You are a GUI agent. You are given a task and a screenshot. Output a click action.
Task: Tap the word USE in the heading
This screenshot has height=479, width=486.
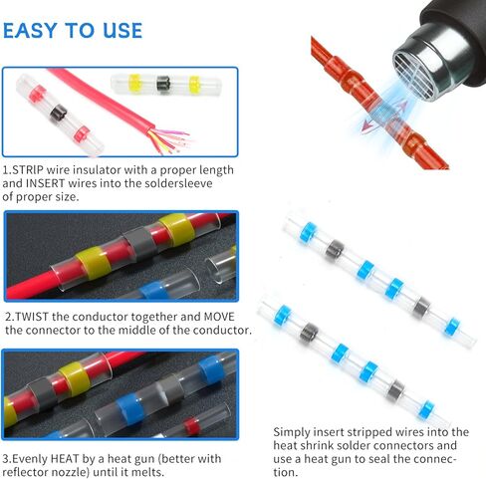(x=122, y=31)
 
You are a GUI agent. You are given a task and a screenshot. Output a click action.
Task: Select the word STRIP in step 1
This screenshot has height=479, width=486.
(x=28, y=170)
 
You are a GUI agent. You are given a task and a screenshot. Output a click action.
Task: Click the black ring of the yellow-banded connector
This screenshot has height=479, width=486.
(x=163, y=85)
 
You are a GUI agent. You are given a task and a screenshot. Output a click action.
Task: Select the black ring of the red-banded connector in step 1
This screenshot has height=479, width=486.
(x=59, y=113)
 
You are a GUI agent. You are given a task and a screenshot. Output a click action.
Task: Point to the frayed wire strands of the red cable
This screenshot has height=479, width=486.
(x=170, y=140)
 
